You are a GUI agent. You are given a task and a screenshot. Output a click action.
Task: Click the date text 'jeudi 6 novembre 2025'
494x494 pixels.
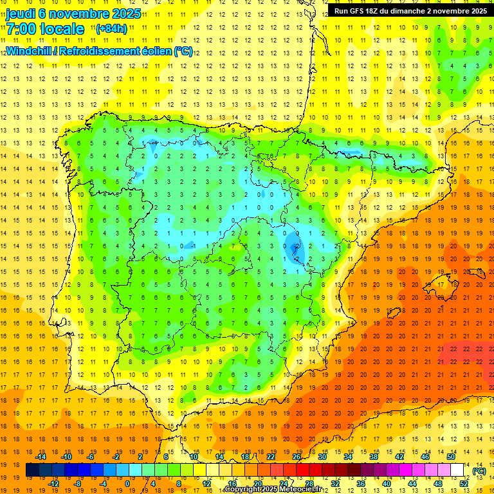(x=73, y=14)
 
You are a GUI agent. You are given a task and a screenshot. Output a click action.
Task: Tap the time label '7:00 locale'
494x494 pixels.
(x=45, y=29)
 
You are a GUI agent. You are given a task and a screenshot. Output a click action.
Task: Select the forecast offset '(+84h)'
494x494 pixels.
(x=111, y=29)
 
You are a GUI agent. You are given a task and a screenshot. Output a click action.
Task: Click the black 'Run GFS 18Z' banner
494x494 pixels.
(x=410, y=11)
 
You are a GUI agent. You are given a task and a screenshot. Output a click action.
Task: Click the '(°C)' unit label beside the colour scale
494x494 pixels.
(x=479, y=471)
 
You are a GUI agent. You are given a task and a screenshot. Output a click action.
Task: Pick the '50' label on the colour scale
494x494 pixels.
(x=451, y=457)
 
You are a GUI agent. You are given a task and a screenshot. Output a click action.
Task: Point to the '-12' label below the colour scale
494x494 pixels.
(x=53, y=484)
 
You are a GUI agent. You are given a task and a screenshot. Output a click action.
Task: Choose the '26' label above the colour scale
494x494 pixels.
(x=297, y=457)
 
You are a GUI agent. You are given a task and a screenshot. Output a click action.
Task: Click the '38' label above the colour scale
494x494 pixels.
(x=374, y=457)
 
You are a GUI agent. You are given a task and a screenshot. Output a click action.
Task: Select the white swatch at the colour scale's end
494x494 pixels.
(x=457, y=470)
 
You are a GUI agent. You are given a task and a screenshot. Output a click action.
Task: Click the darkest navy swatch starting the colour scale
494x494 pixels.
(x=32, y=470)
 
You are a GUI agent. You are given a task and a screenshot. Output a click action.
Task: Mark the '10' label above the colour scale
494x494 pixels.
(x=194, y=457)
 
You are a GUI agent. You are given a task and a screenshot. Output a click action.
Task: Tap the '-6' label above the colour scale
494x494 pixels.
(x=91, y=457)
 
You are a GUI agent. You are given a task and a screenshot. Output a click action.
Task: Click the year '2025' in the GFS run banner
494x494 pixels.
(x=477, y=11)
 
